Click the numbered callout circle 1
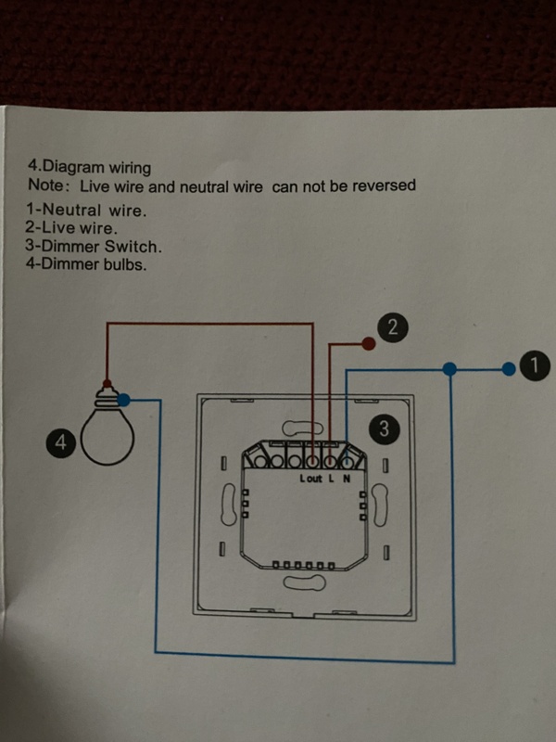click(531, 366)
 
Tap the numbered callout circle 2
click(393, 326)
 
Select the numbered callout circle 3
click(385, 428)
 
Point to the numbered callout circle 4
click(60, 443)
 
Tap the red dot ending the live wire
click(368, 345)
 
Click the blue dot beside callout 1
click(508, 368)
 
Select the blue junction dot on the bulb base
click(124, 400)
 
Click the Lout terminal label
click(311, 479)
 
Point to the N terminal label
click(347, 479)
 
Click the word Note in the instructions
click(44, 185)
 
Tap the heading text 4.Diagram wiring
click(89, 168)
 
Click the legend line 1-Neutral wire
click(86, 210)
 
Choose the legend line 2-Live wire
click(72, 226)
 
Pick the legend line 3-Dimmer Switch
click(94, 246)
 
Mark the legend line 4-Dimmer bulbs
click(86, 263)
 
